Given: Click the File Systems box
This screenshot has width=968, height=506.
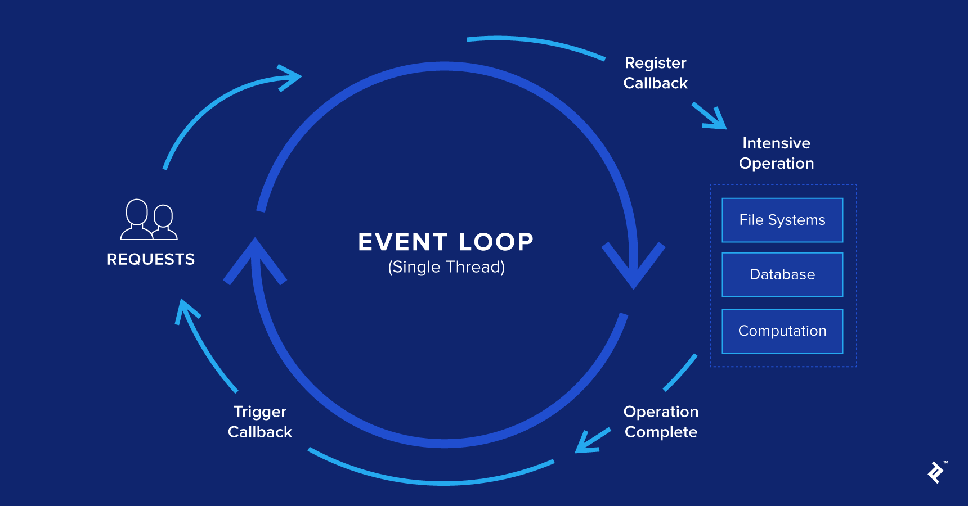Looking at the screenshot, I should pyautogui.click(x=782, y=220).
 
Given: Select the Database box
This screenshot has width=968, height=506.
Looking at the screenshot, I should pyautogui.click(x=782, y=274).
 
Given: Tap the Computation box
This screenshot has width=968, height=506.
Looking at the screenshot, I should pyautogui.click(x=782, y=331).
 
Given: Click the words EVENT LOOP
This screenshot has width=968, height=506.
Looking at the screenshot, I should pyautogui.click(x=446, y=242).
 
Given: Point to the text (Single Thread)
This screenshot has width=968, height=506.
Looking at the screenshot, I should pyautogui.click(x=446, y=267).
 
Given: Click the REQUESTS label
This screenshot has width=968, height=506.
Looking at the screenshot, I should pyautogui.click(x=151, y=259).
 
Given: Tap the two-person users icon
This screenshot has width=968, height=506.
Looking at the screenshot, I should pyautogui.click(x=149, y=220).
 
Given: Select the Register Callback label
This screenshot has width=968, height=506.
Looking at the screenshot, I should pyautogui.click(x=656, y=73).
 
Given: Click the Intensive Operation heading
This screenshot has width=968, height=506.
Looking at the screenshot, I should pyautogui.click(x=776, y=153).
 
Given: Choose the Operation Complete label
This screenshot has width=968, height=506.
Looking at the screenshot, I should pyautogui.click(x=661, y=422).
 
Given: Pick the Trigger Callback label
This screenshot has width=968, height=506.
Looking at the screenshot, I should pyautogui.click(x=260, y=422).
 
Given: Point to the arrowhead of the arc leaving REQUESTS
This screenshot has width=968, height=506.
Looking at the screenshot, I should pyautogui.click(x=290, y=78).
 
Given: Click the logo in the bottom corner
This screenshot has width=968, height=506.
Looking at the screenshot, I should pyautogui.click(x=936, y=472).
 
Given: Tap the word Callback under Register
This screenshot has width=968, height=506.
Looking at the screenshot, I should pyautogui.click(x=656, y=83).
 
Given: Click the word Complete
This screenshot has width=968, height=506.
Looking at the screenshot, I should pyautogui.click(x=661, y=432).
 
